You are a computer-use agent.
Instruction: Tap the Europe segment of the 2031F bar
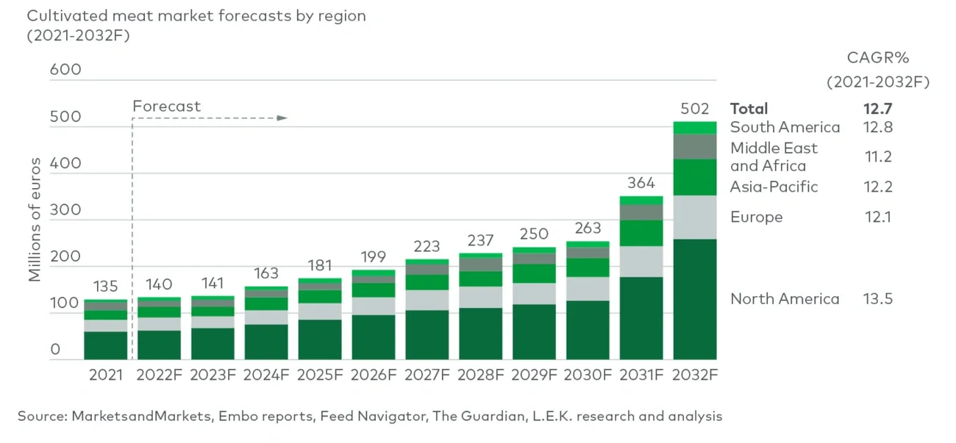pyautogui.click(x=641, y=262)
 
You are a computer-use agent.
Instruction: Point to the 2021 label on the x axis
pyautogui.click(x=105, y=375)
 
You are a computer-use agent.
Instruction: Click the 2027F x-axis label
pyautogui.click(x=427, y=375)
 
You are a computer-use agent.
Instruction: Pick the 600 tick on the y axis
pyautogui.click(x=65, y=70)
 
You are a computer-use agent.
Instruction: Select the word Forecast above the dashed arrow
pyautogui.click(x=166, y=107)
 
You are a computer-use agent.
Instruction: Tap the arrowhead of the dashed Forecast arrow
pyautogui.click(x=282, y=118)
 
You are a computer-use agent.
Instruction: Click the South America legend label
pyautogui.click(x=785, y=127)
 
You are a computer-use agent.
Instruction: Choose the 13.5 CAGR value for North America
pyautogui.click(x=877, y=299)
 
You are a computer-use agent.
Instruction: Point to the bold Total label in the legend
pyautogui.click(x=749, y=109)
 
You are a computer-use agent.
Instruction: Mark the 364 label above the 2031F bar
pyautogui.click(x=641, y=182)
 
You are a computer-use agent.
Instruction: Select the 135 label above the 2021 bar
pyautogui.click(x=105, y=286)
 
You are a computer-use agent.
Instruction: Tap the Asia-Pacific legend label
pyautogui.click(x=774, y=187)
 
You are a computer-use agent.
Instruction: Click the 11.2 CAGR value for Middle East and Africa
pyautogui.click(x=877, y=156)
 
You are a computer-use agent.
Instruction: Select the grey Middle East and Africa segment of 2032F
pyautogui.click(x=696, y=147)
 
